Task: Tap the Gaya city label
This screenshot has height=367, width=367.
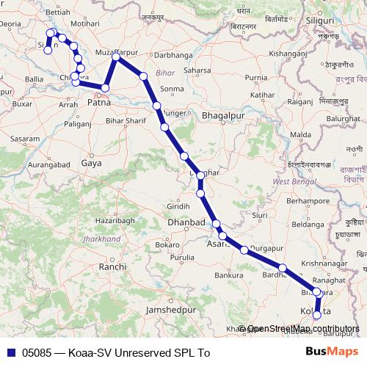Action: coord(92,163)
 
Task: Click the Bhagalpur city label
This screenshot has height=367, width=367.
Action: coord(222,116)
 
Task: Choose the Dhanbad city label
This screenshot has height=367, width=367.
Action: coord(186,222)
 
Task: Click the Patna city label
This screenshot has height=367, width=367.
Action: coord(99,103)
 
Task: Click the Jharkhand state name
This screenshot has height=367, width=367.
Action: coord(102,239)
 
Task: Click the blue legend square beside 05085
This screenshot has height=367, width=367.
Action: coord(10,353)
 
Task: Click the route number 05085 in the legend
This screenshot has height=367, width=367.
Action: coord(37,353)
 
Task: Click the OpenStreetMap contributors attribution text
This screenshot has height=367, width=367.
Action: coord(302,329)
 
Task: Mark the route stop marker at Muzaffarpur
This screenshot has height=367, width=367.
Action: coord(116,57)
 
